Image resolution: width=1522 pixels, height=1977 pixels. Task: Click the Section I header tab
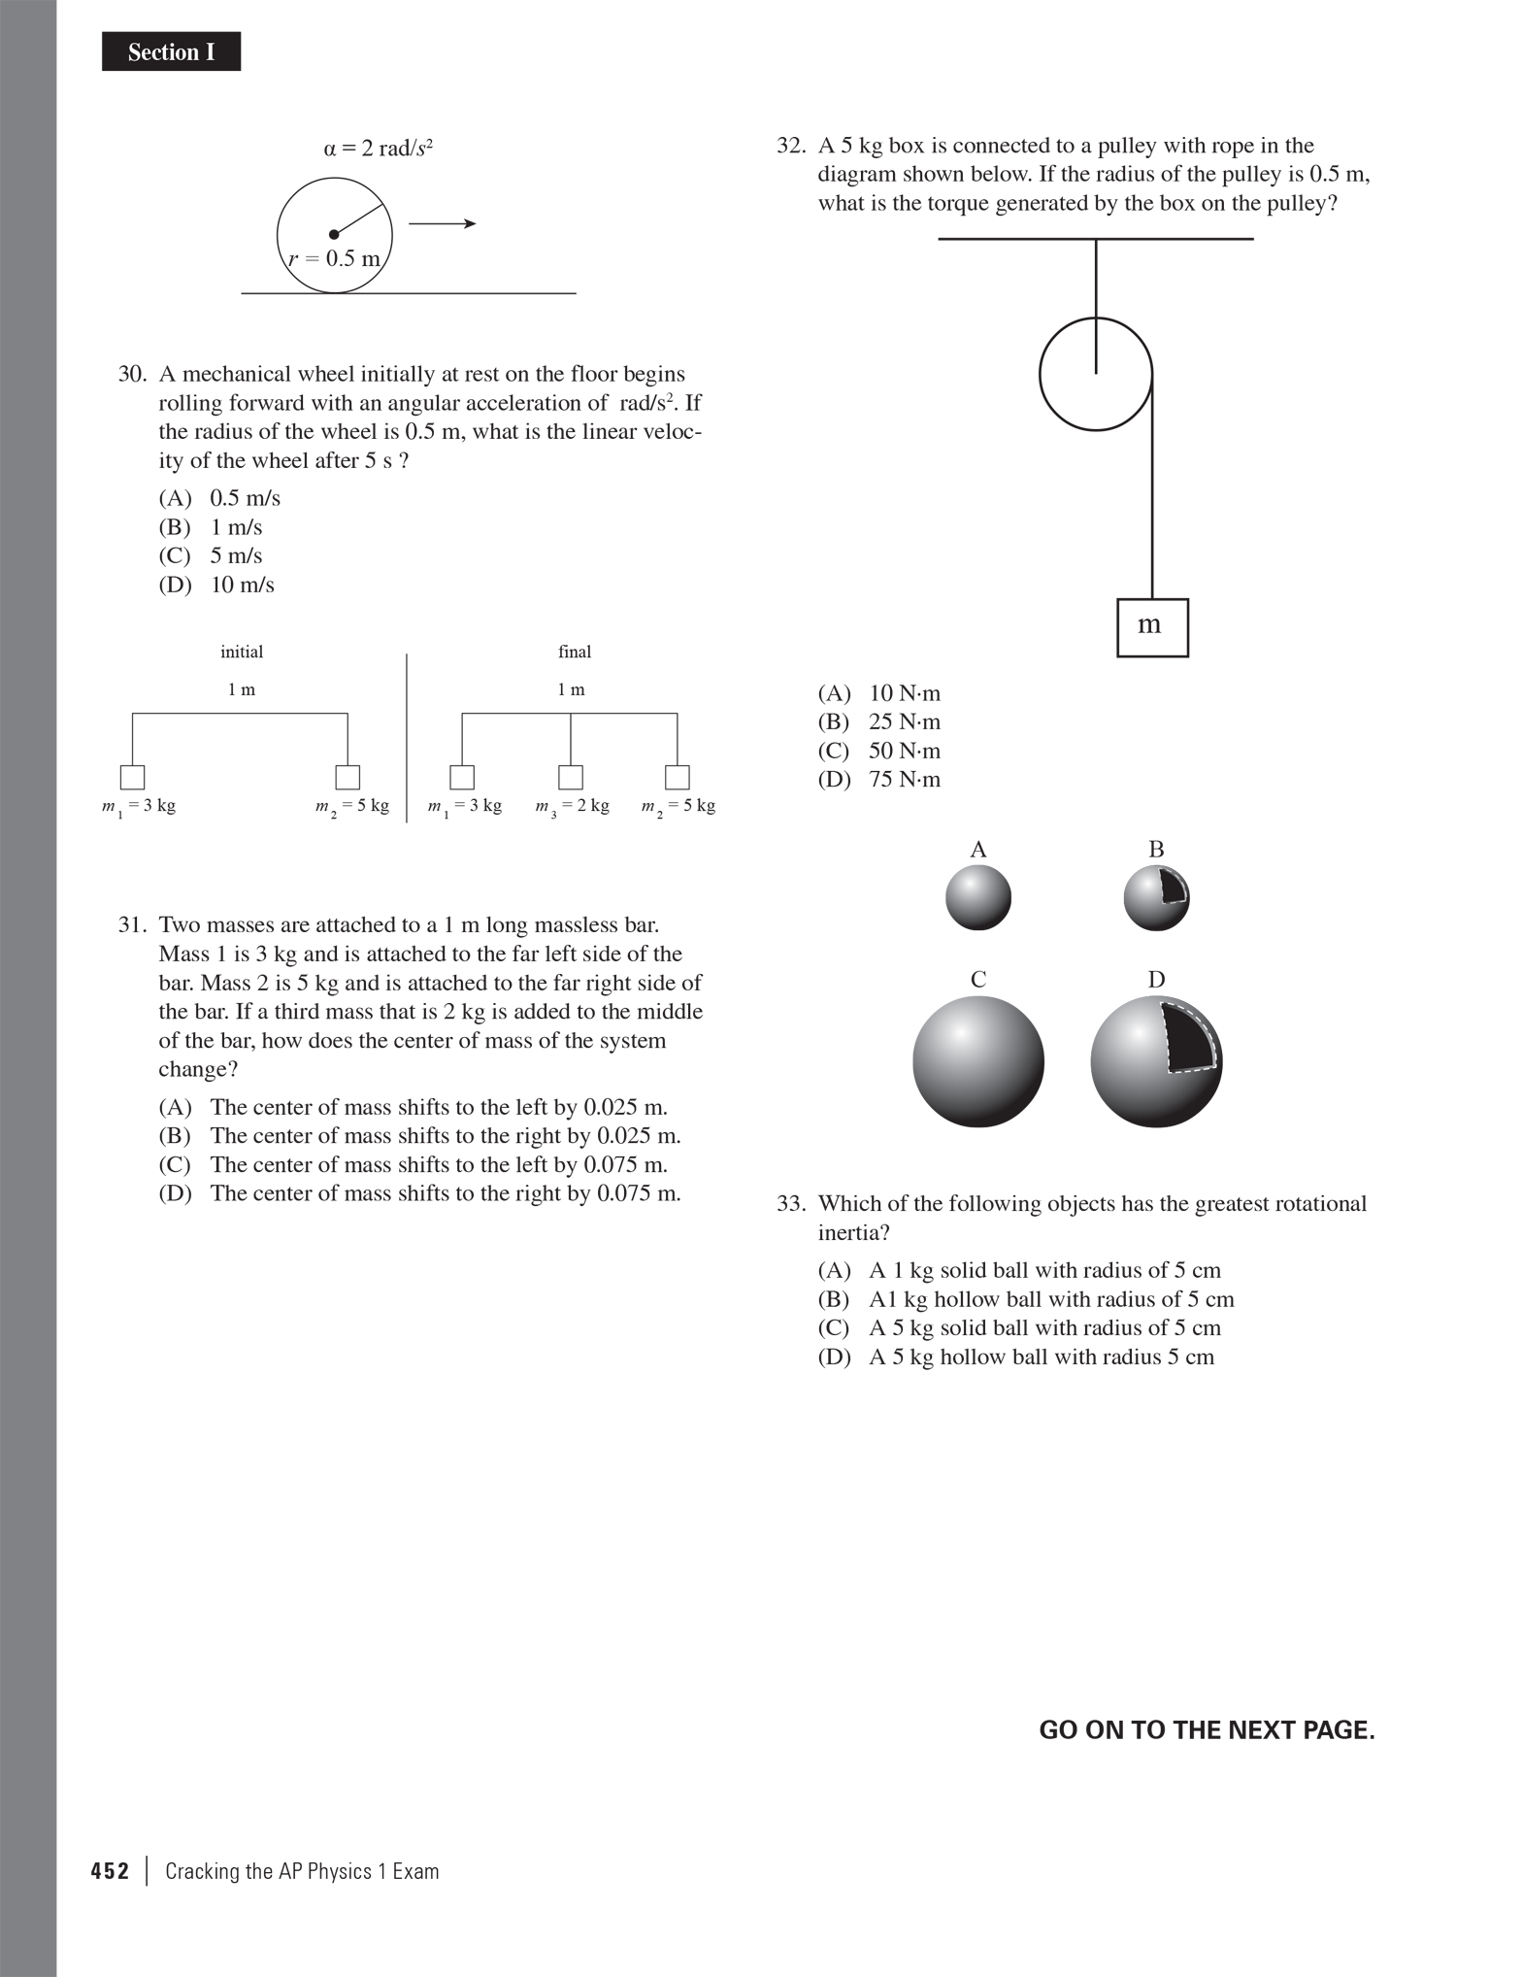pyautogui.click(x=171, y=51)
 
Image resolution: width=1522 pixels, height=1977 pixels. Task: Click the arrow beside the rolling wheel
pyautogui.click(x=442, y=224)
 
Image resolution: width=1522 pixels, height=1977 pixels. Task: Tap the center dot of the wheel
pyautogui.click(x=334, y=234)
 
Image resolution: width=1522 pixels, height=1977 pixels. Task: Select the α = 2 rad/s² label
pyautogui.click(x=378, y=149)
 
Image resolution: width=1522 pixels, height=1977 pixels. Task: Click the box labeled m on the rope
pyautogui.click(x=1152, y=627)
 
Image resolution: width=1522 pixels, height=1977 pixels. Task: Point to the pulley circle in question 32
pyautogui.click(x=1096, y=374)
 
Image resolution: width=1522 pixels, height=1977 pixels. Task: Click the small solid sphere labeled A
pyautogui.click(x=978, y=897)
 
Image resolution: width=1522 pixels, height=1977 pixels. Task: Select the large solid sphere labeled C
pyautogui.click(x=978, y=1061)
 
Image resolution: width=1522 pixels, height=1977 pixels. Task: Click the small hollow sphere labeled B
pyautogui.click(x=1155, y=898)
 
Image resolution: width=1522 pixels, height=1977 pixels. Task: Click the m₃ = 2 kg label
pyautogui.click(x=573, y=806)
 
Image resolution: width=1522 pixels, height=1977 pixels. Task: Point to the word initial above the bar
pyautogui.click(x=242, y=652)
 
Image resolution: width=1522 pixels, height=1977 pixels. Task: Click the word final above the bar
pyautogui.click(x=575, y=652)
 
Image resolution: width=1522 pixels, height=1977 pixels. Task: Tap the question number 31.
pyautogui.click(x=132, y=924)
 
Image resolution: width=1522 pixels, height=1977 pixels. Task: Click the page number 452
pyautogui.click(x=110, y=1871)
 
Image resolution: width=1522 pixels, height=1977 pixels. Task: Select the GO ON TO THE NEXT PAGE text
pyautogui.click(x=1207, y=1729)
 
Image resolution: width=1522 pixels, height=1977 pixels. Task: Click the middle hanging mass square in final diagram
pyautogui.click(x=571, y=777)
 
